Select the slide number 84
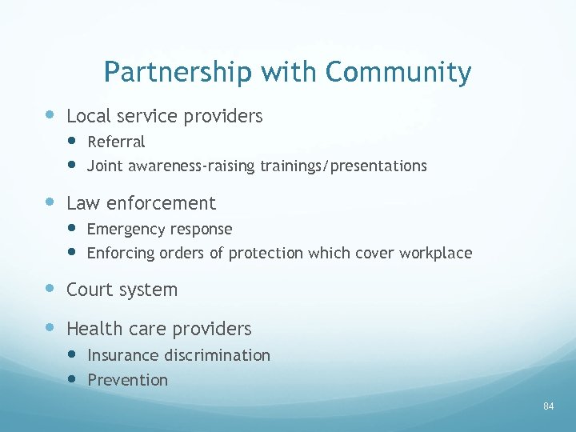(x=548, y=406)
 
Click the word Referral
(x=116, y=142)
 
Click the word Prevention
(x=127, y=380)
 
